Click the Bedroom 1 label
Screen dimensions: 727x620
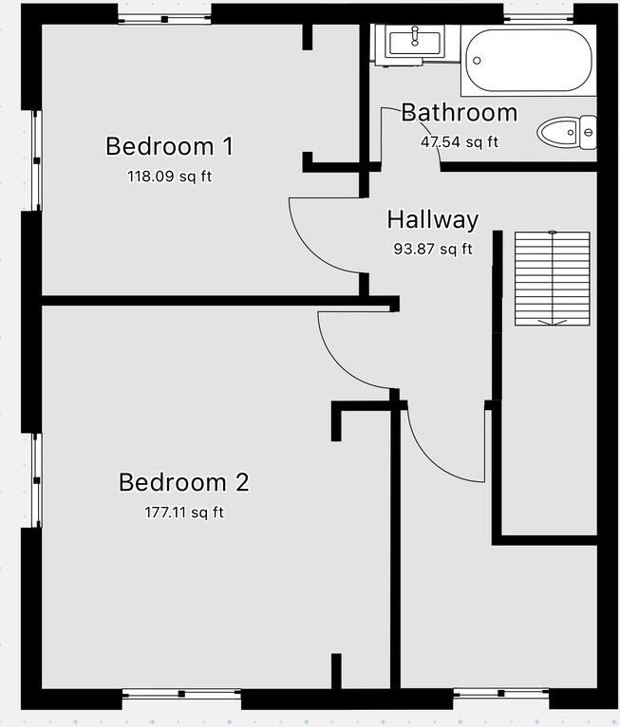coord(169,146)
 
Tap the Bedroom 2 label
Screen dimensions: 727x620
coord(183,482)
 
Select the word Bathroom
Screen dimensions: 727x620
coord(459,112)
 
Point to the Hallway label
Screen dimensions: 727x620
coord(432,219)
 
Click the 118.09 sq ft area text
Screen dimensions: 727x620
coord(169,177)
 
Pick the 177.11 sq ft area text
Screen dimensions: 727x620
coord(183,513)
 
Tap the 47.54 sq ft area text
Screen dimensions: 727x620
coord(459,142)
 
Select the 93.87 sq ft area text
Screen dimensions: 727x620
coord(432,250)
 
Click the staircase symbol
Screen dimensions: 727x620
coord(552,278)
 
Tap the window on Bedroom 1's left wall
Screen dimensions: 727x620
coord(36,160)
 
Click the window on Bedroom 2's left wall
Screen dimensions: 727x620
coord(36,479)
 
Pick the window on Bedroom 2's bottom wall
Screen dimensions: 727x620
coord(181,695)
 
